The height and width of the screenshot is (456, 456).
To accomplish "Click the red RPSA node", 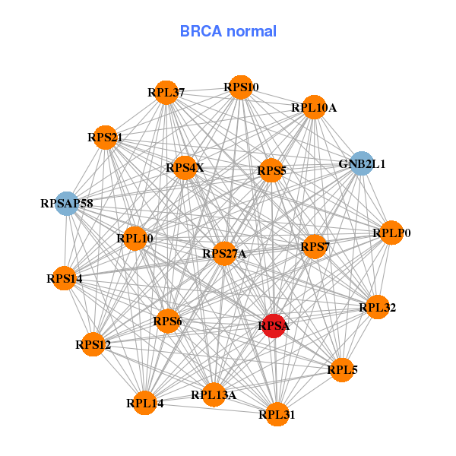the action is click(x=273, y=326).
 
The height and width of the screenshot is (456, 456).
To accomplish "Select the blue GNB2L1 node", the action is click(x=362, y=163).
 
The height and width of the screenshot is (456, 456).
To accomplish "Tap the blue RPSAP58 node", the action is click(x=67, y=204).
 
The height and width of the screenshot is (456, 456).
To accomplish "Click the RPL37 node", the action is click(x=166, y=93).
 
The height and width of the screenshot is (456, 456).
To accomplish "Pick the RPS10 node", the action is click(x=240, y=87).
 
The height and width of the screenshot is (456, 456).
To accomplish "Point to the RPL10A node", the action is click(x=313, y=108).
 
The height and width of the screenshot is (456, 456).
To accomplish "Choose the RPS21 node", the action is click(x=105, y=138).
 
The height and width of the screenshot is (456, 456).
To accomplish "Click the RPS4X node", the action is click(x=185, y=168).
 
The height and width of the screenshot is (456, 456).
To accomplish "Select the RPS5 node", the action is click(x=271, y=171).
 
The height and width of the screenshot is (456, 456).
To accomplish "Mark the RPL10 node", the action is click(x=135, y=239).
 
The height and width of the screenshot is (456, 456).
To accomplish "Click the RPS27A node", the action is click(x=224, y=254).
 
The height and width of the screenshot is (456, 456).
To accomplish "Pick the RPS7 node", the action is click(x=314, y=246).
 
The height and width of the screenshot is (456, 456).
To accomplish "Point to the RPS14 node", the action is click(x=64, y=279).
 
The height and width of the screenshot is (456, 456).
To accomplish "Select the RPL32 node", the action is click(x=377, y=308).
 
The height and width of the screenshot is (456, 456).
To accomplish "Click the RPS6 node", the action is click(x=167, y=321).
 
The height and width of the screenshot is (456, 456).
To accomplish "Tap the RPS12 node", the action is click(x=93, y=345).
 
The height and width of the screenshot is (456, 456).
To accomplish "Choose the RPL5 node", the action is click(x=342, y=370).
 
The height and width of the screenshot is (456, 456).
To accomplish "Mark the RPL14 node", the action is click(x=144, y=403).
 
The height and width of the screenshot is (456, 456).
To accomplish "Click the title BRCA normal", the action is click(x=228, y=31).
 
